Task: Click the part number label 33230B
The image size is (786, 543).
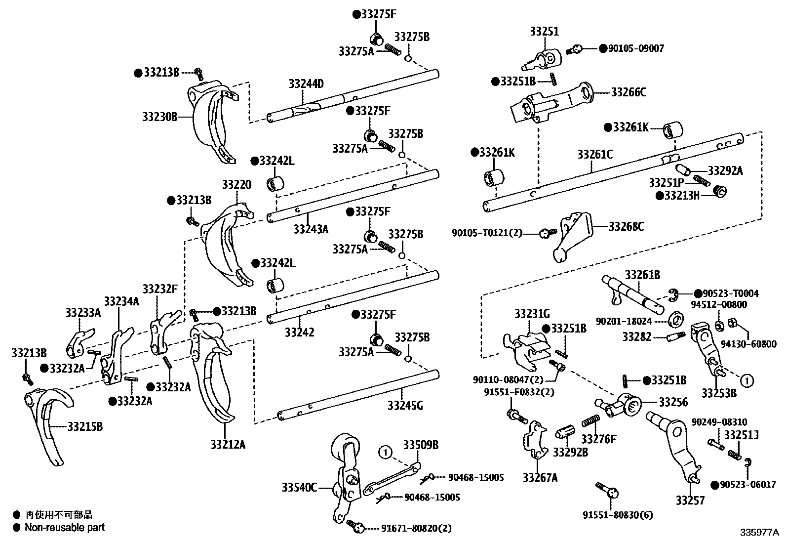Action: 159,117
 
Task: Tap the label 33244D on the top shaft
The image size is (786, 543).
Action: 306,84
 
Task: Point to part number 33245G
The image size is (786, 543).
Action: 405,406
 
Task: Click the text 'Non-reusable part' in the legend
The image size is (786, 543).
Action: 65,527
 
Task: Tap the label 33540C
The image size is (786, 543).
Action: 300,488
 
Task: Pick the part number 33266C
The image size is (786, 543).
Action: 629,92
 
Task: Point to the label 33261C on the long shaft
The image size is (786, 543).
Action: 595,155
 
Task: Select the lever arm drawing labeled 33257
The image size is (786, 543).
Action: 676,445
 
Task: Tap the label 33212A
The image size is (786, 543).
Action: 227,444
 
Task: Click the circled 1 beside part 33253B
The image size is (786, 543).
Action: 747,380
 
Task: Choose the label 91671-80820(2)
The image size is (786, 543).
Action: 416,528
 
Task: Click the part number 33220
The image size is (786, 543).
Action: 236,185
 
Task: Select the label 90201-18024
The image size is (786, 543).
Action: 624,321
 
